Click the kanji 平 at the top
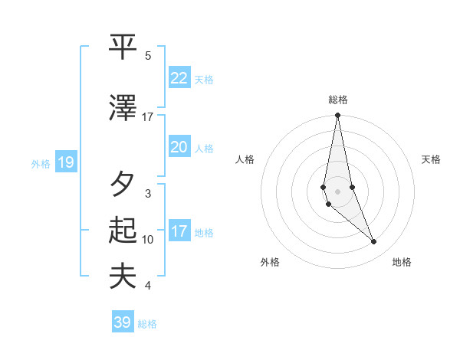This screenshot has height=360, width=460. (x=123, y=46)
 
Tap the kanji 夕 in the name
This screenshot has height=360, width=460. (x=123, y=185)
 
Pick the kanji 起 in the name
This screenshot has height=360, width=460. (x=123, y=231)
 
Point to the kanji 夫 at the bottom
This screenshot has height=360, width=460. (x=123, y=277)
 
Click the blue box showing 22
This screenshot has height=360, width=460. (x=179, y=78)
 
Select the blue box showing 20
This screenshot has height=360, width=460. (x=179, y=147)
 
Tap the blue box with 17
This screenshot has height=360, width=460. (x=179, y=232)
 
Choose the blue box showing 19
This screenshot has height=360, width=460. (x=66, y=162)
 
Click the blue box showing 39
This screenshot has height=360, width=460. (x=122, y=322)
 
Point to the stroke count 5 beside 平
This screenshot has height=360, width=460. (x=148, y=56)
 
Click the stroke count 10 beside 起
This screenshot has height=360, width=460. (x=148, y=240)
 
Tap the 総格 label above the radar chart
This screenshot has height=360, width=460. (x=337, y=100)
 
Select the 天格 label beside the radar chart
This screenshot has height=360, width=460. (x=431, y=159)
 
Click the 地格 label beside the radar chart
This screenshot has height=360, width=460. (x=402, y=262)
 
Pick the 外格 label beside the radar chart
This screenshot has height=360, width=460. (x=270, y=262)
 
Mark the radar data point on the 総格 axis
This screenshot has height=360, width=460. (x=337, y=116)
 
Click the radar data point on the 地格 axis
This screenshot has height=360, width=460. (x=374, y=242)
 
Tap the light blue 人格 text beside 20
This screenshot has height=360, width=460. (x=204, y=148)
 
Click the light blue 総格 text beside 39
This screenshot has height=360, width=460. (x=147, y=324)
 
